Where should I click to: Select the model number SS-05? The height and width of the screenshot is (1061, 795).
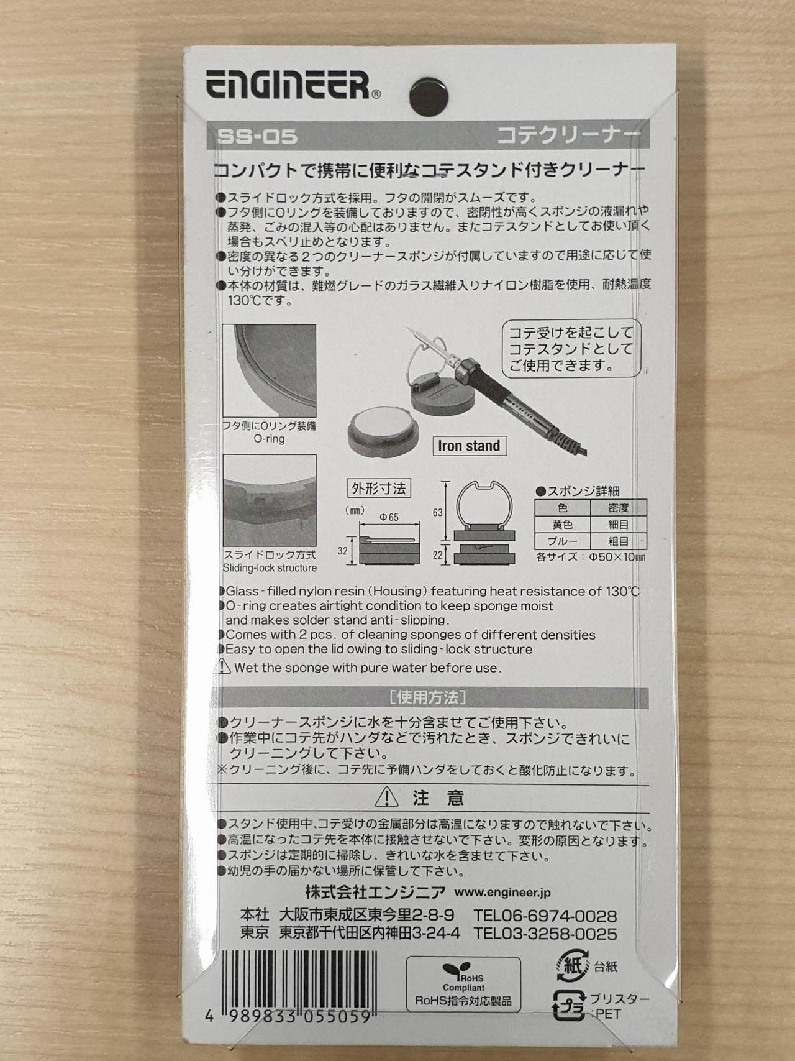tap(257, 136)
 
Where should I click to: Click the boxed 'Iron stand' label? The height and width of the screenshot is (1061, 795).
tap(469, 446)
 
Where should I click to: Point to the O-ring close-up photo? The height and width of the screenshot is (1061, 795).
tap(269, 370)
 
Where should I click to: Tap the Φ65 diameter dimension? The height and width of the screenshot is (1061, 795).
tap(389, 517)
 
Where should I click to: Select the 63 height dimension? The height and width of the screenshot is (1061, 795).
tap(437, 512)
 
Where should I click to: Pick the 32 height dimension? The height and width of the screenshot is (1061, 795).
tap(342, 551)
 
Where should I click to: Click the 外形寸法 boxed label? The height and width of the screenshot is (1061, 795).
tap(379, 489)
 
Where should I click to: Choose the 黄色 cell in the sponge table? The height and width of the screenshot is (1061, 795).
tap(562, 525)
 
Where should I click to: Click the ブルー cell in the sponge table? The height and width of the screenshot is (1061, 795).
tap(562, 541)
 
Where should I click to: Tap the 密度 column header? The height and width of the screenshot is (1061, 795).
tap(618, 508)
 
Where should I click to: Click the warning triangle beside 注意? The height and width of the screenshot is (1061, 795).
tap(386, 797)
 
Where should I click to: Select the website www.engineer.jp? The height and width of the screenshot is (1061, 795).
tap(502, 893)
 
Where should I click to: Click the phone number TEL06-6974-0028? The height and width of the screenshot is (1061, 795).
tap(545, 916)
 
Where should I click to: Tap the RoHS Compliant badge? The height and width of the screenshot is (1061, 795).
tap(463, 983)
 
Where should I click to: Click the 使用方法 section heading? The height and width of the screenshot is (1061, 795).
tap(428, 697)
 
